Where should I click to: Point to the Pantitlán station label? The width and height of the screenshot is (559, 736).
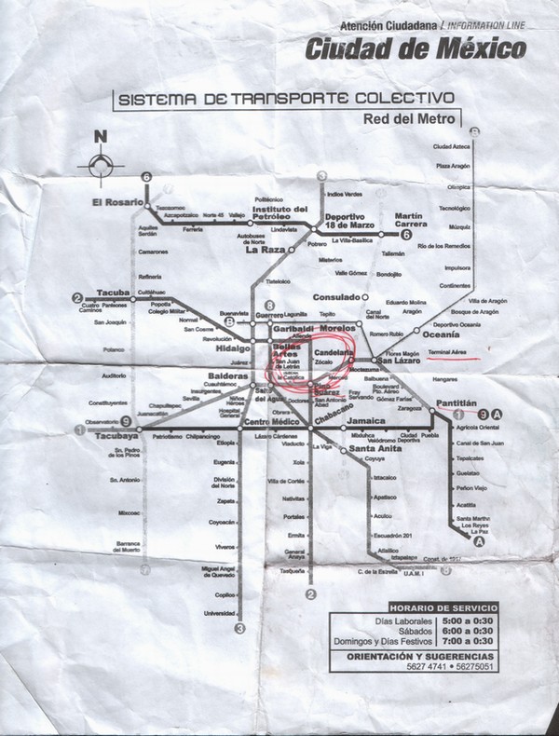[x=456, y=401]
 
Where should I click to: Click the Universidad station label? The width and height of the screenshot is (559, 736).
[x=220, y=612]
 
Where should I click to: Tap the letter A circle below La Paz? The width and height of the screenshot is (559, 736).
[x=479, y=541]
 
